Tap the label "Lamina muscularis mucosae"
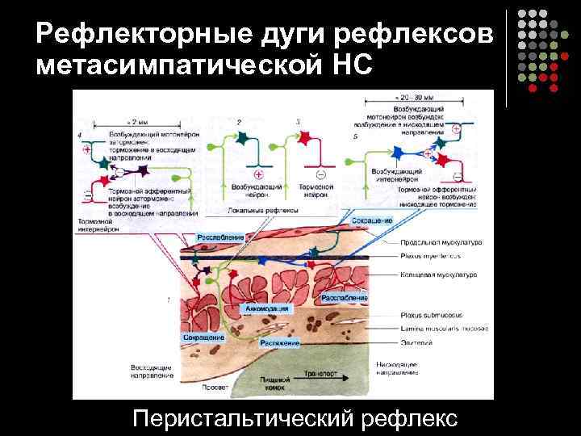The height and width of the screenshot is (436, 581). point(441,329)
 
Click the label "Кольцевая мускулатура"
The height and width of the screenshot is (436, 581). point(439,275)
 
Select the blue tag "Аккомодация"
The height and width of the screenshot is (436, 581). point(266,308)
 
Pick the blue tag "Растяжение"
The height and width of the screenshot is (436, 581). point(279,343)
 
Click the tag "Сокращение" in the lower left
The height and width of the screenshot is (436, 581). point(203,336)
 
